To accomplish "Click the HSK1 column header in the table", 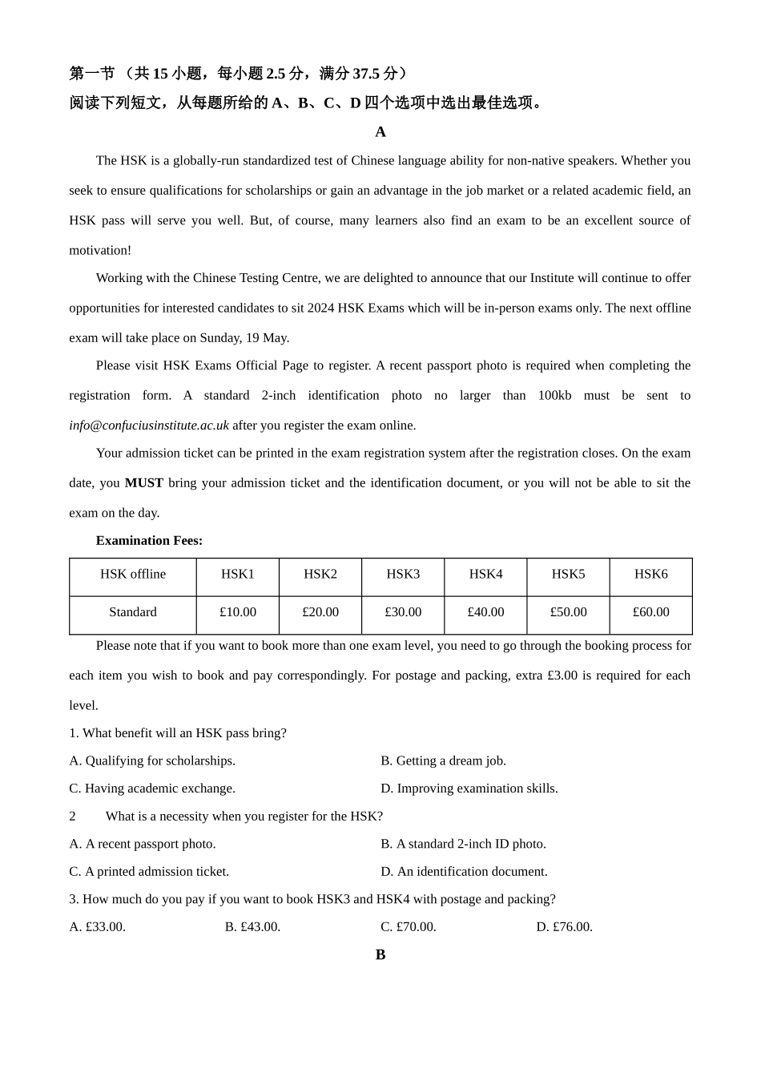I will pos(237,574).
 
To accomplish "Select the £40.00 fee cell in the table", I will pos(485,612).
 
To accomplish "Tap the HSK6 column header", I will pos(650,574).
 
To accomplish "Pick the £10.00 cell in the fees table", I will pos(238,612).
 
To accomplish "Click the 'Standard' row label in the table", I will pos(133,612).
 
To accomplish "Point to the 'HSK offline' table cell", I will pos(133,574).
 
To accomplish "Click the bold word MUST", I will pos(144,483).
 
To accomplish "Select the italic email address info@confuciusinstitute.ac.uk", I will pos(149,426).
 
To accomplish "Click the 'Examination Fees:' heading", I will pos(149,541).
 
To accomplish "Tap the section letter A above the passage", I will pos(380,132).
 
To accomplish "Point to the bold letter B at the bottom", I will pos(380,954).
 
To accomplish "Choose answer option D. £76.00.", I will pos(565,927).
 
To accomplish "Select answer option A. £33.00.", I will pos(98,927).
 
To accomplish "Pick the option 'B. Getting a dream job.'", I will pos(443,760).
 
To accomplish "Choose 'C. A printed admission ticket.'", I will pos(149,872).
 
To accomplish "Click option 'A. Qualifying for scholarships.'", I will pos(152,760).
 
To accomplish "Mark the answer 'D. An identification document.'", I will pos(464,872).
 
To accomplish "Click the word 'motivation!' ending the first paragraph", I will pos(100,251).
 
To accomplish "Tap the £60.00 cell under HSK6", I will pos(650,612).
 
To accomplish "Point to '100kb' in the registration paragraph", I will pos(554,396).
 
